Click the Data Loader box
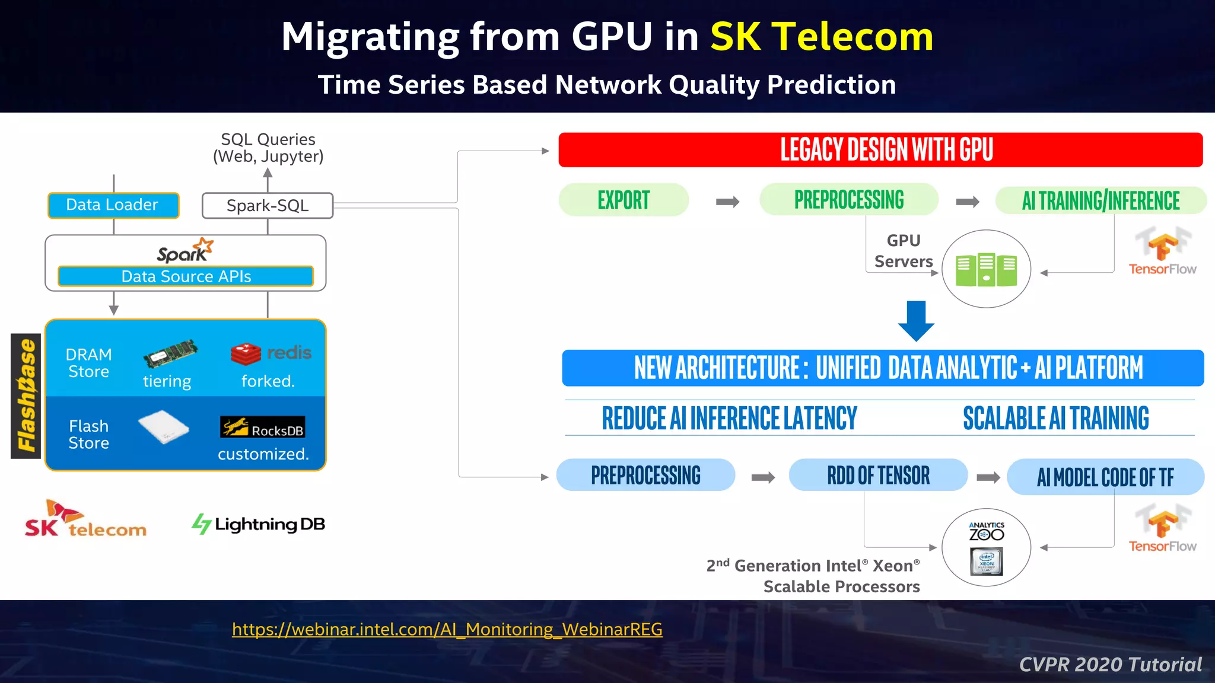click(x=113, y=205)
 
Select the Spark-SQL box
click(x=268, y=206)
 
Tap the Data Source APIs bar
click(x=186, y=276)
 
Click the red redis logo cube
click(x=246, y=354)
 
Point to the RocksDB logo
click(x=263, y=427)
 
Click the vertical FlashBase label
click(x=26, y=395)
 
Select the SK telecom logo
click(x=85, y=520)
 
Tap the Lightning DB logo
click(x=258, y=524)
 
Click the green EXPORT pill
click(x=624, y=200)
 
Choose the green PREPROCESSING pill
click(x=848, y=200)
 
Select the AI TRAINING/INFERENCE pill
click(x=1101, y=200)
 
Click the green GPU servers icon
click(x=986, y=270)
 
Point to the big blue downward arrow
click(x=916, y=321)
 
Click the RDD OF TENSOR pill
click(x=878, y=475)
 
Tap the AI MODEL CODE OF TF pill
click(x=1105, y=477)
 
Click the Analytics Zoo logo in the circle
click(x=987, y=531)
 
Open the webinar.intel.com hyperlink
click(x=447, y=629)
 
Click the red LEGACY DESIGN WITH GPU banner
click(x=880, y=150)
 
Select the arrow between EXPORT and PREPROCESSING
click(x=727, y=202)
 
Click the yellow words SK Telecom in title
click(x=822, y=37)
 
